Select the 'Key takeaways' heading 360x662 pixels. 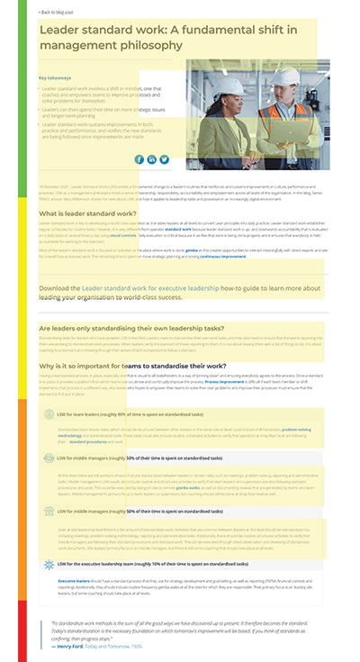(56, 77)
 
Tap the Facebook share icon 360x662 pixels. (139, 159)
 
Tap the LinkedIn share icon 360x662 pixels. (152, 159)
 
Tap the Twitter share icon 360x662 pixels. (165, 159)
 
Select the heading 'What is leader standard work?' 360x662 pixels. (87, 213)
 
